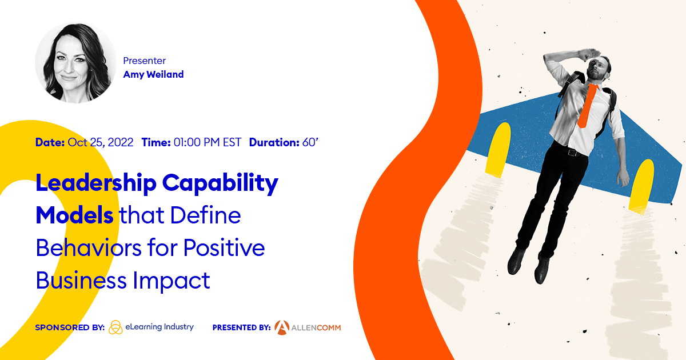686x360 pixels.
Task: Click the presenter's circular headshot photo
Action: pos(76,63)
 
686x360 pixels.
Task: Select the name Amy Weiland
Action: pos(153,74)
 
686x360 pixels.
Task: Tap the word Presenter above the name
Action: pos(144,60)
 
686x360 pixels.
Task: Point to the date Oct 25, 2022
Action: pos(101,142)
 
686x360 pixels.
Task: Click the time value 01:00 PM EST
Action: pos(207,142)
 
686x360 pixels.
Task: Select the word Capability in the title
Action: pos(220,184)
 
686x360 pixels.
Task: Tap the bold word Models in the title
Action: pos(74,216)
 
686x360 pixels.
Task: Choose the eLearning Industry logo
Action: pos(151,327)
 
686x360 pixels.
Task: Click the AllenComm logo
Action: pos(308,327)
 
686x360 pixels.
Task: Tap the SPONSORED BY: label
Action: pos(70,327)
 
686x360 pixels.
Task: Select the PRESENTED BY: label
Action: pos(241,328)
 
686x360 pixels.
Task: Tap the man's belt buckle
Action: pos(569,152)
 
